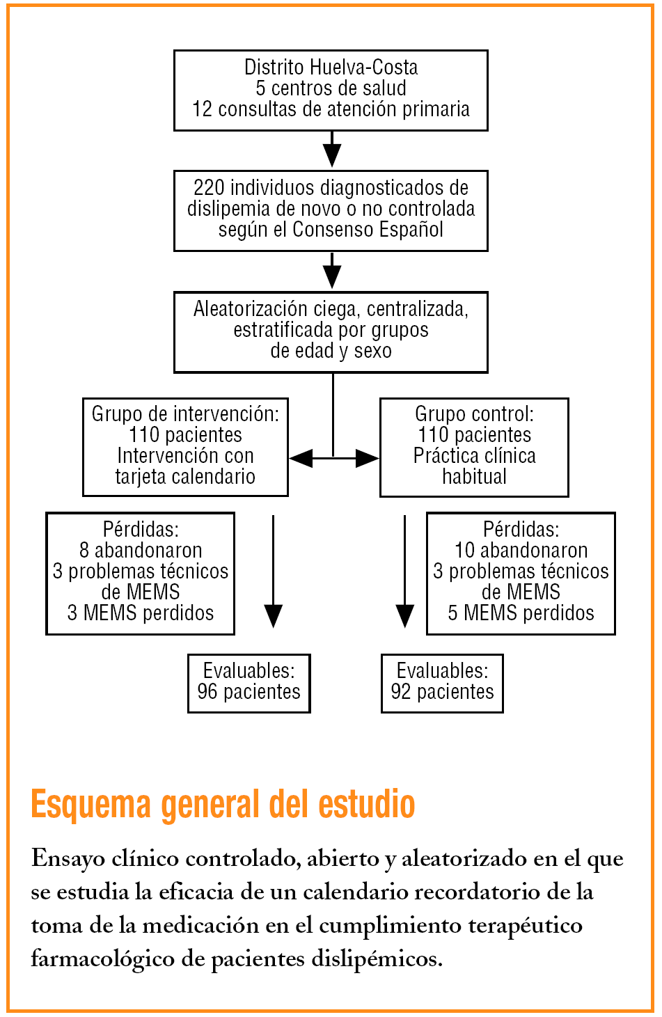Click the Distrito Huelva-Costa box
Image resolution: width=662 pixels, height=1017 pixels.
[x=331, y=90]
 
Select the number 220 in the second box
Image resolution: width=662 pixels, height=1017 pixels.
[x=209, y=188]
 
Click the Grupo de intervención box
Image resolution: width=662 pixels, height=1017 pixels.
[x=185, y=446]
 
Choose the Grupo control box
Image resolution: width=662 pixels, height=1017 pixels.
[x=474, y=447]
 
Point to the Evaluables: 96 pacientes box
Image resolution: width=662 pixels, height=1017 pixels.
[x=249, y=683]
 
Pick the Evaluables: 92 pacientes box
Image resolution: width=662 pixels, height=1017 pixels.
[x=442, y=683]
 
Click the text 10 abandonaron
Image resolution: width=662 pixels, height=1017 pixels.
[x=521, y=551]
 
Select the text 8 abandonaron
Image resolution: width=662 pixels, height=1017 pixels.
[x=141, y=551]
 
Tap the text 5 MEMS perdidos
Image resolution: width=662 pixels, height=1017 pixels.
[x=521, y=613]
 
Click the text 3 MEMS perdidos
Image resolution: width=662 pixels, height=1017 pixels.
[x=141, y=613]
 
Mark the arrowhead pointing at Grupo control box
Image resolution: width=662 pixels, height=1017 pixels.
[x=368, y=458]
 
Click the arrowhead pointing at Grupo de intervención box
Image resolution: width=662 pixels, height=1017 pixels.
[x=300, y=458]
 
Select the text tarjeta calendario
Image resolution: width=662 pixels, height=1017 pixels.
[x=185, y=477]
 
